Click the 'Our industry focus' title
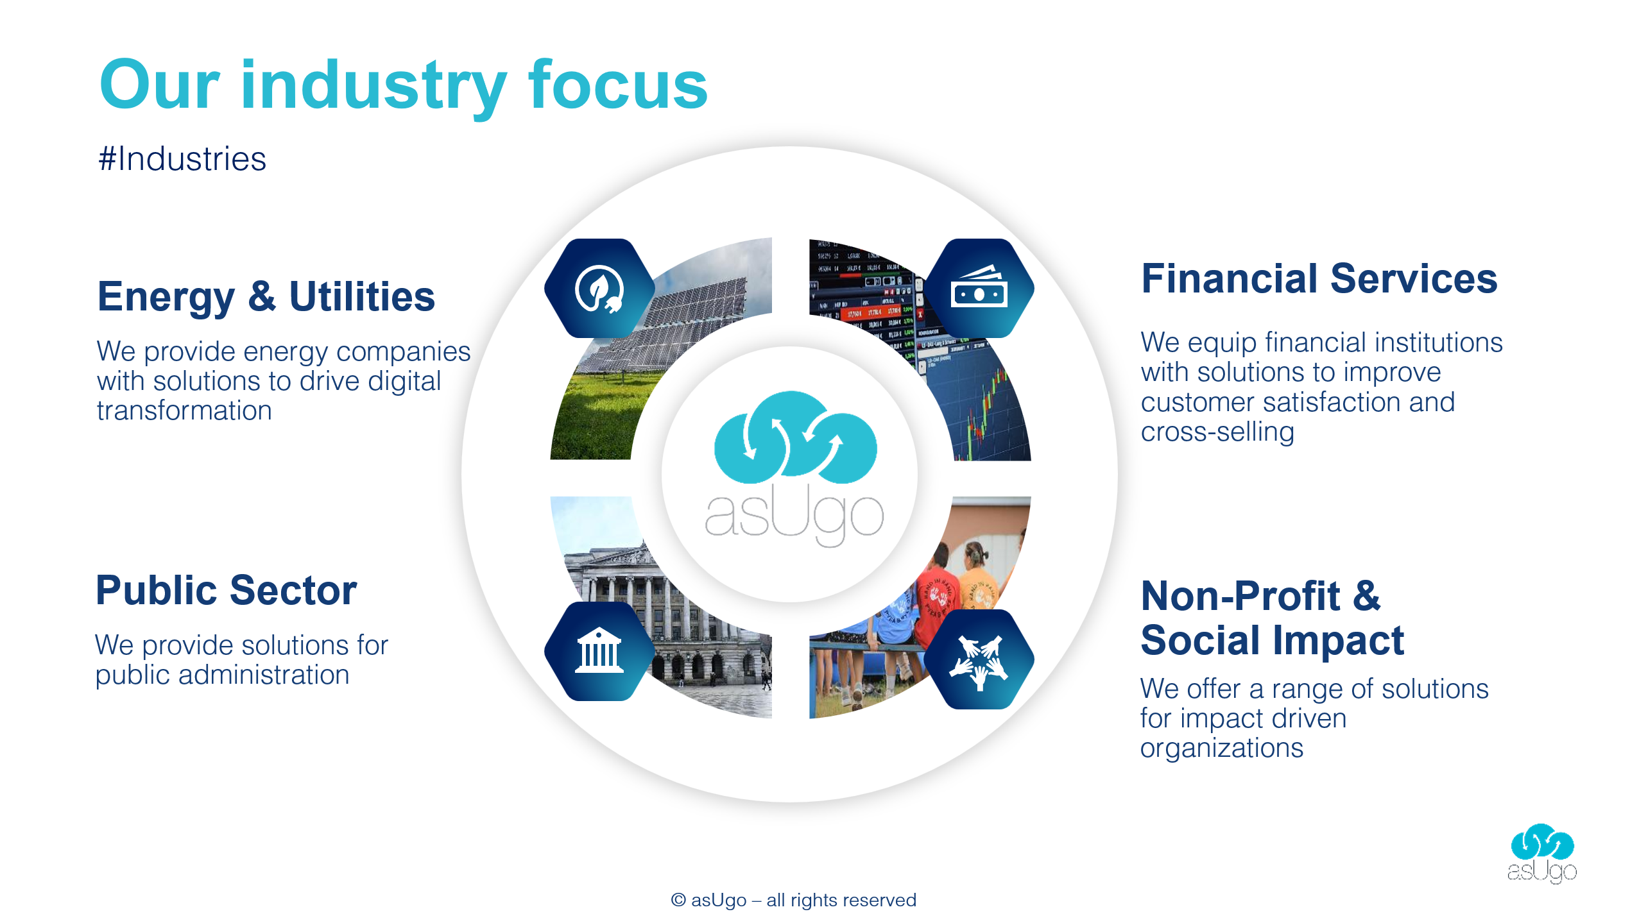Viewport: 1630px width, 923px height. click(404, 87)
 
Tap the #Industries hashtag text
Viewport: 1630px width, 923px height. click(182, 158)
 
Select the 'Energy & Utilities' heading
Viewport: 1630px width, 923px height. click(266, 297)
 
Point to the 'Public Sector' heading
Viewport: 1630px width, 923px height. click(226, 590)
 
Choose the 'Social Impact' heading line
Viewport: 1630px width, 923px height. click(1273, 640)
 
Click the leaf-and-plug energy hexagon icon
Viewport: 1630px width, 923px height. click(599, 289)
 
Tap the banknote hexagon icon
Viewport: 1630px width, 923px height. click(979, 289)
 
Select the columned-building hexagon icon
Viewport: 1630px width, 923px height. click(599, 651)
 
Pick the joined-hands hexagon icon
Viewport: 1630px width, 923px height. click(979, 659)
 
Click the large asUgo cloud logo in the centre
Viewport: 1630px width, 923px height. click(794, 468)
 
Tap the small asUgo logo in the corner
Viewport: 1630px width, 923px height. click(1542, 853)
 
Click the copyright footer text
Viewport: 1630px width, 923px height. click(794, 901)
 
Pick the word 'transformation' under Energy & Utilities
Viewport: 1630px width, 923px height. click(184, 411)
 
